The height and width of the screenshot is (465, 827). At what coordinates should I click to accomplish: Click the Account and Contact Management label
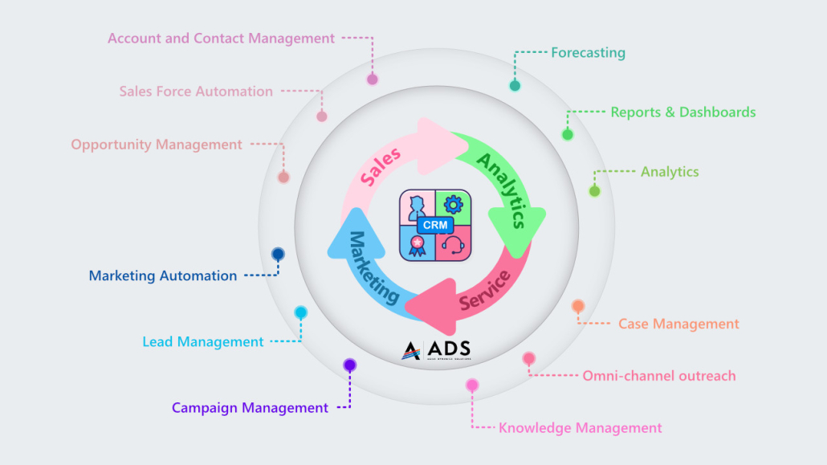click(221, 38)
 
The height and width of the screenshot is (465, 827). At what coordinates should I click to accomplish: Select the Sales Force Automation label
click(196, 92)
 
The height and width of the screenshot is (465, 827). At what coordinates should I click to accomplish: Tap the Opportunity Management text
click(157, 145)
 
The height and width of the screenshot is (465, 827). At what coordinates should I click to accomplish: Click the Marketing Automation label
click(163, 275)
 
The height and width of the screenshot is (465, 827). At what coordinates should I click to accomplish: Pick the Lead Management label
click(203, 341)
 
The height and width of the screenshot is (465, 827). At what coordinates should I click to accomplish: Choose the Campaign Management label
click(250, 408)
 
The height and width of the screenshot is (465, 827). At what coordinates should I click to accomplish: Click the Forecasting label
click(588, 53)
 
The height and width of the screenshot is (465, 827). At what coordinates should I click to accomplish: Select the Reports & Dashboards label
click(682, 112)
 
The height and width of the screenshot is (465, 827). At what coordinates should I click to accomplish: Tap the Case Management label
click(678, 324)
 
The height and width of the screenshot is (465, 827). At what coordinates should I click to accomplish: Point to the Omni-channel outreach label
click(658, 375)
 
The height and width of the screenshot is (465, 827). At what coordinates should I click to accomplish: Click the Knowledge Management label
click(581, 428)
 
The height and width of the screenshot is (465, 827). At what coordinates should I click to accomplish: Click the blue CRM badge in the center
click(435, 226)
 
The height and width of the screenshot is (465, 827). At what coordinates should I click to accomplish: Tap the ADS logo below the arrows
click(436, 349)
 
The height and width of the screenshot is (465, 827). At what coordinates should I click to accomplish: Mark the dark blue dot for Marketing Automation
click(278, 254)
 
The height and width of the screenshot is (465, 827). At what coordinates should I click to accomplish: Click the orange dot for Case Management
click(578, 306)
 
